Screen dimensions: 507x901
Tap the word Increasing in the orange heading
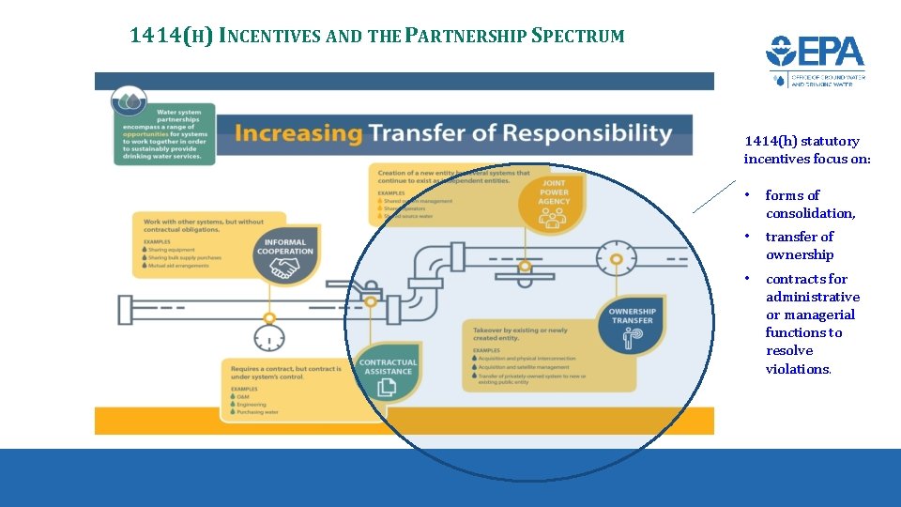[298, 133]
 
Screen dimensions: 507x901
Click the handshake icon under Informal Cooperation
[284, 269]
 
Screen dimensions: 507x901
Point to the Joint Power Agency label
[554, 192]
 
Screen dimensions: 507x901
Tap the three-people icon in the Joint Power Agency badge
[554, 218]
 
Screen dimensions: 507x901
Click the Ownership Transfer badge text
[632, 316]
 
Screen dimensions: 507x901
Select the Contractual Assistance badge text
[388, 365]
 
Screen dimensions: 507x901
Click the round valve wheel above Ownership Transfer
[616, 255]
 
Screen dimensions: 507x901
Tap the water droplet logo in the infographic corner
[128, 100]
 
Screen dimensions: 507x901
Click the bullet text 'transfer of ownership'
[799, 246]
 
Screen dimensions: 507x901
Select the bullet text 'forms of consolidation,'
[810, 205]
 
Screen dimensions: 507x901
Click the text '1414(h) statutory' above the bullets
[802, 141]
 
